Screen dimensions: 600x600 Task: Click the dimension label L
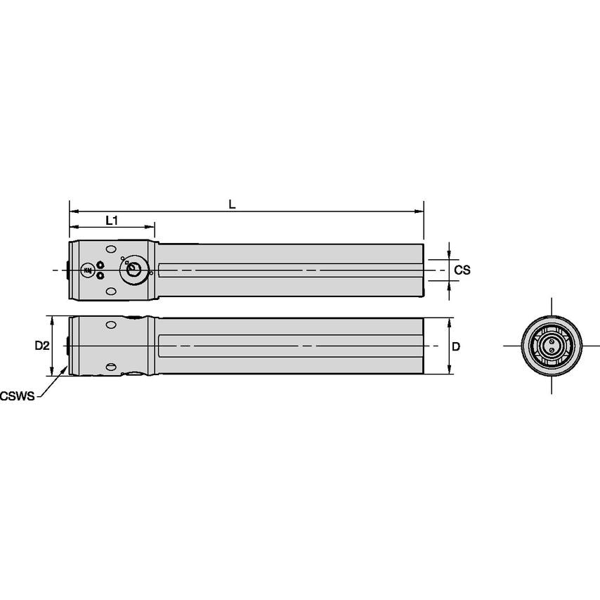(x=232, y=204)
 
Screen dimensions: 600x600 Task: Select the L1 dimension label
(x=111, y=221)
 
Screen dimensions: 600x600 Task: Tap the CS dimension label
(x=462, y=270)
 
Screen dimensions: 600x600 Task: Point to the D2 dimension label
(x=42, y=346)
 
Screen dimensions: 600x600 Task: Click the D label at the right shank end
(x=456, y=346)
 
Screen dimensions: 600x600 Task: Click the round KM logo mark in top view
(x=88, y=270)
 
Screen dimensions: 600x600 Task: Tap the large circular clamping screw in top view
(x=133, y=270)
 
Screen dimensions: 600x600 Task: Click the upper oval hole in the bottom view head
(x=111, y=325)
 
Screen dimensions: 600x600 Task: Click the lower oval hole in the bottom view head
(x=111, y=367)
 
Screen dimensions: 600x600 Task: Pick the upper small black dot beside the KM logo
(x=100, y=265)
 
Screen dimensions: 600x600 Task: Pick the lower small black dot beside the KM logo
(x=100, y=275)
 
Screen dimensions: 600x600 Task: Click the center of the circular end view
(x=551, y=346)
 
